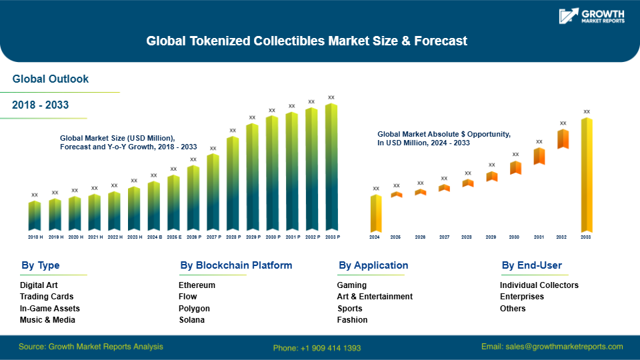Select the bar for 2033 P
(331, 167)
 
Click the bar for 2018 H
(35, 216)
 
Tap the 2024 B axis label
(153, 237)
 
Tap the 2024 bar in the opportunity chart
(376, 213)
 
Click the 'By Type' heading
(41, 265)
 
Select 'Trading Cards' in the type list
(47, 297)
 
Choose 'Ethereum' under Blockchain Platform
(197, 285)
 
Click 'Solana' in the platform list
(191, 320)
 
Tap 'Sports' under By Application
(350, 309)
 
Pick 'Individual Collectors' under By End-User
(539, 285)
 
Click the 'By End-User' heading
(531, 265)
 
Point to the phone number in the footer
(317, 347)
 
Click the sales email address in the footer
(552, 347)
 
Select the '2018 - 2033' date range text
(41, 105)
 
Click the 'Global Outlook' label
(51, 79)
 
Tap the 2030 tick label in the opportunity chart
(514, 237)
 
